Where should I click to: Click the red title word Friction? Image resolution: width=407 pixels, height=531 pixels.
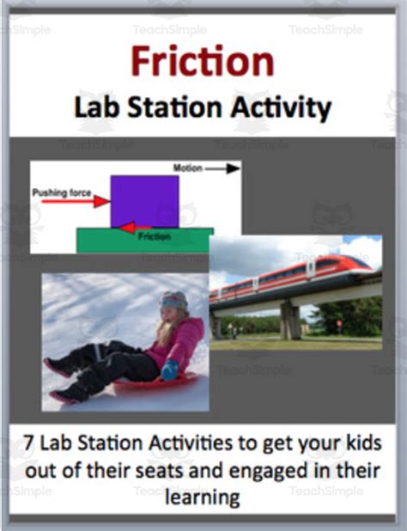[203, 63]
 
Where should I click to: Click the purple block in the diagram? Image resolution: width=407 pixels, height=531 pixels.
[143, 201]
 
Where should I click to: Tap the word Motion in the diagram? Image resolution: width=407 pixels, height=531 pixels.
[188, 168]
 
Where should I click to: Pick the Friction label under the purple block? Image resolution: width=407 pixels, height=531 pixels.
[154, 235]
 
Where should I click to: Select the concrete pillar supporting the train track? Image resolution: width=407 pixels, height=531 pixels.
[290, 320]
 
